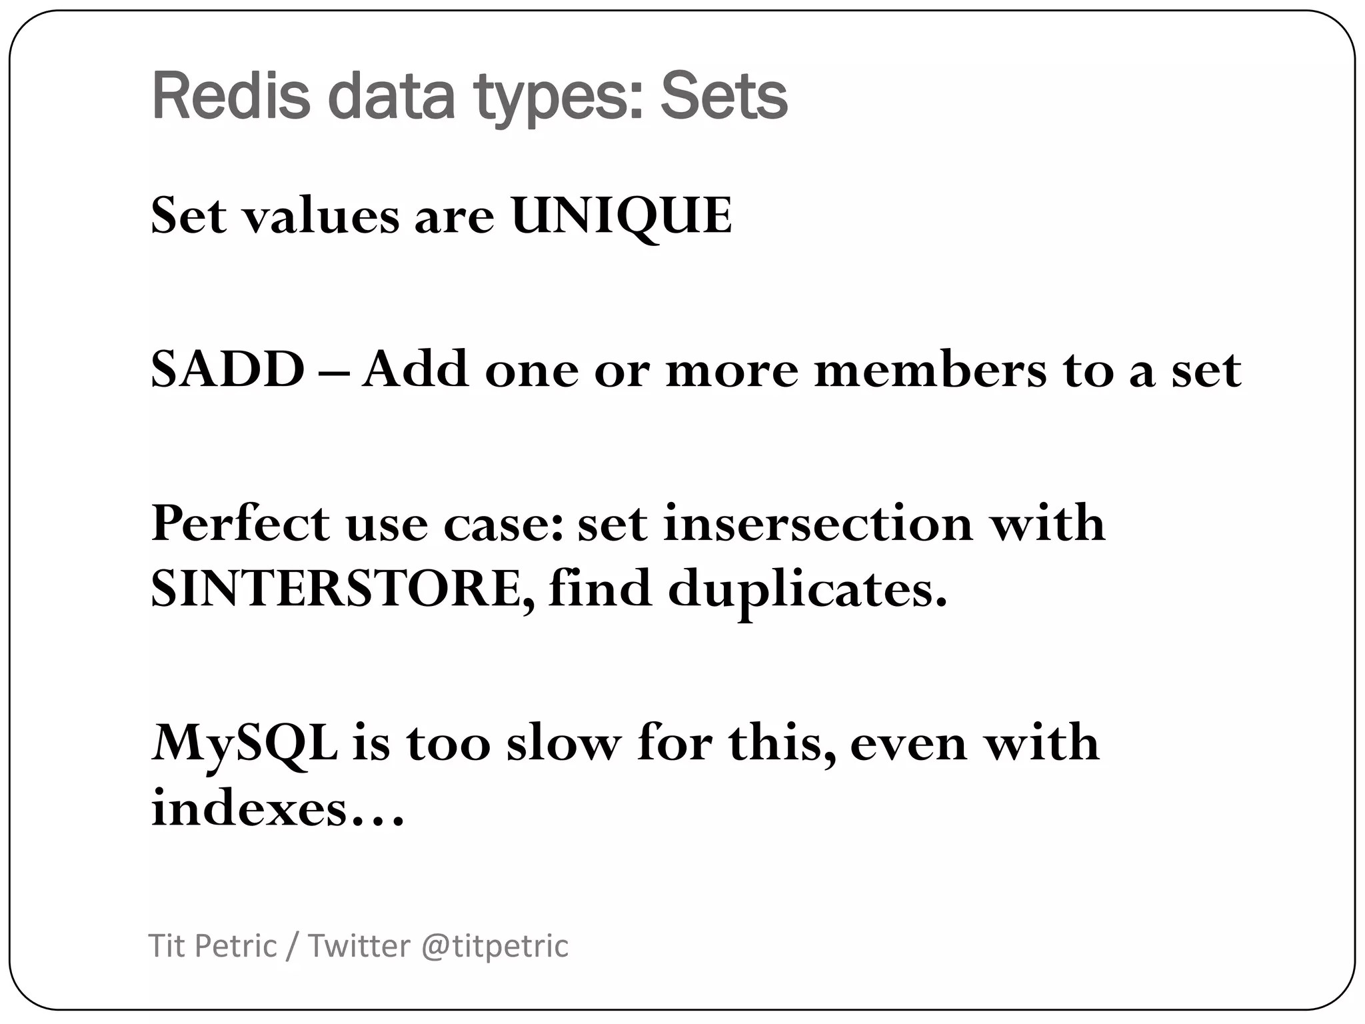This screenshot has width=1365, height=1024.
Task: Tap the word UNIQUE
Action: point(621,215)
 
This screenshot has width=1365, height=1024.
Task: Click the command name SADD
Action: point(227,369)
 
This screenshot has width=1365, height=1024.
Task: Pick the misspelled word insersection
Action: point(817,523)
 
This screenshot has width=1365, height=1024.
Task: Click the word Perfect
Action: point(241,523)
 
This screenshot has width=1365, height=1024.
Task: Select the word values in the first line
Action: point(320,215)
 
